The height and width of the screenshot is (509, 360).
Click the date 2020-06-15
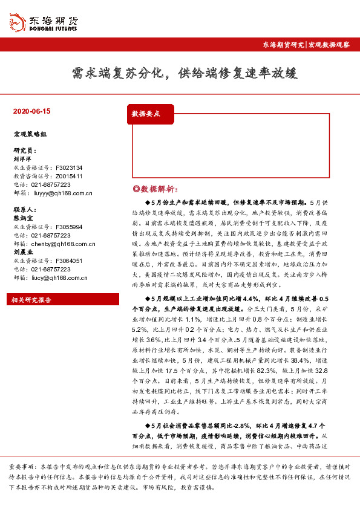tap(31, 112)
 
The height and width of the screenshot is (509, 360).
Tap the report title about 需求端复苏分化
tap(180, 74)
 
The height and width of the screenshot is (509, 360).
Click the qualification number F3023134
tap(68, 167)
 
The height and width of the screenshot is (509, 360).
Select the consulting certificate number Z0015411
tap(68, 176)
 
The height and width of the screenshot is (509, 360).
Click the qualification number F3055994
tap(68, 227)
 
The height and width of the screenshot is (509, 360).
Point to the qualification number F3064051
tap(68, 261)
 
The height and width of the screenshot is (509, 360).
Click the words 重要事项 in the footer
tap(22, 467)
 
